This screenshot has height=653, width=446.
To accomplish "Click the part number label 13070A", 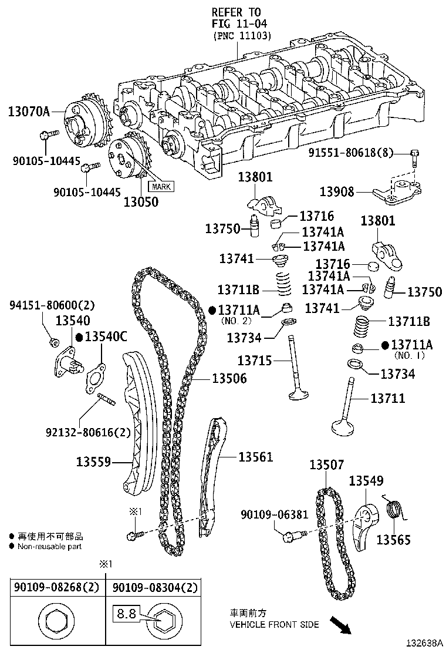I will point(29,110).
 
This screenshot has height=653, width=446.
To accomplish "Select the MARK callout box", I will point(161,187).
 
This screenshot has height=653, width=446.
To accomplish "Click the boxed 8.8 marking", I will point(126,615).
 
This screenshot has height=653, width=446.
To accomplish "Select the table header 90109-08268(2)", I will point(57,587).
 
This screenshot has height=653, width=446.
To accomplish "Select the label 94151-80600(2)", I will point(52,305).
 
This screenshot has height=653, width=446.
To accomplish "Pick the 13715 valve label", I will point(255,360).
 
